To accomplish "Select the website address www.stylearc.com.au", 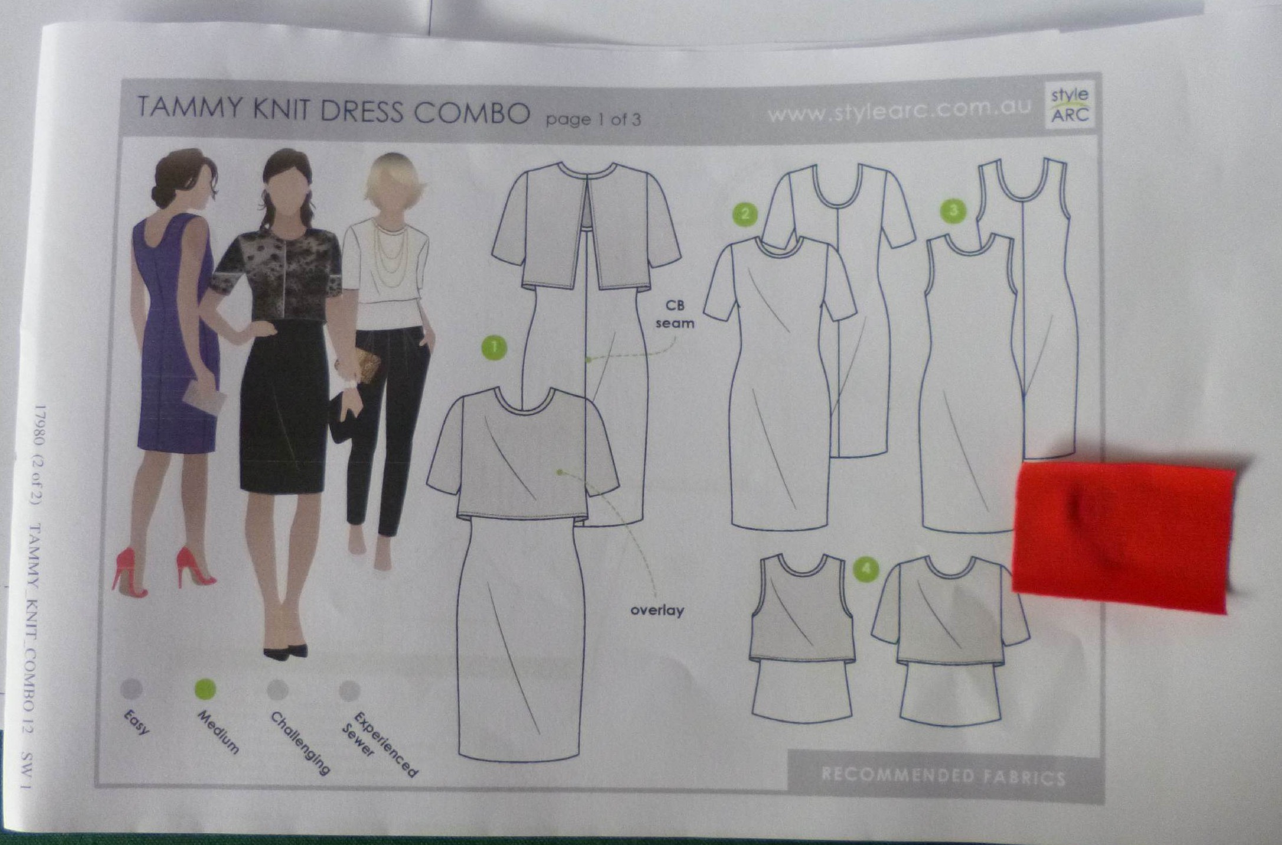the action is pos(900,109).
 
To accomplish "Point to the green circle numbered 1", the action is pos(494,348).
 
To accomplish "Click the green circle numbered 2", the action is pos(745,214).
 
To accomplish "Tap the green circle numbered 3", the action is pos(953,210).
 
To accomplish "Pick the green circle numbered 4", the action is pos(866,568).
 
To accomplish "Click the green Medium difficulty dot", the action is pos(205,689).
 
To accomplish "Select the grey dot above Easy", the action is pos(131,689).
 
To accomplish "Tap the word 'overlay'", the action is pos(657,610).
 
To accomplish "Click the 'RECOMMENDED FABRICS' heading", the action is pos(943,775).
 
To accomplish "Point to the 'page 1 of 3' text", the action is pos(593,119).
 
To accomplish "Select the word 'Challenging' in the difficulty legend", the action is pos(299,743).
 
